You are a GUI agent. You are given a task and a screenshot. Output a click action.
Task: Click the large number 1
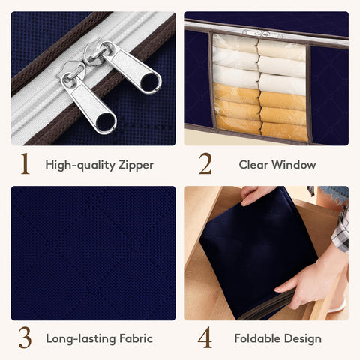25,163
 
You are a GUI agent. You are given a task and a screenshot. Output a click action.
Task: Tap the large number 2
205,163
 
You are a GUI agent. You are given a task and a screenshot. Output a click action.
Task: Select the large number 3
25,337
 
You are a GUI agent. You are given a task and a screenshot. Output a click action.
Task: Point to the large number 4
205,337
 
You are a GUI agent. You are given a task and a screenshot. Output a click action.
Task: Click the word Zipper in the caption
136,166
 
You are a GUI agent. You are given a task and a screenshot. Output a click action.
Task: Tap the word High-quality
80,166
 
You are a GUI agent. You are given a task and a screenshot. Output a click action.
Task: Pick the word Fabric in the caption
136,338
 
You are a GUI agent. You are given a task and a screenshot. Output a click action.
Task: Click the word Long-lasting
81,339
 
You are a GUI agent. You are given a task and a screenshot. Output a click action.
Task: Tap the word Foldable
257,338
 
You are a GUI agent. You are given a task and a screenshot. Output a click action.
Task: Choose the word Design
303,339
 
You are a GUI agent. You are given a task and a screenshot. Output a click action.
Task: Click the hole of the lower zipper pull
106,121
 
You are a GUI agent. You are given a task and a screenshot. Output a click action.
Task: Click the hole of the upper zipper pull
149,82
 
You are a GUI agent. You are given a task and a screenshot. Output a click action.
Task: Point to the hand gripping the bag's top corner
255,196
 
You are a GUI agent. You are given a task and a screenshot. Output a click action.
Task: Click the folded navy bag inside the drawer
257,253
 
